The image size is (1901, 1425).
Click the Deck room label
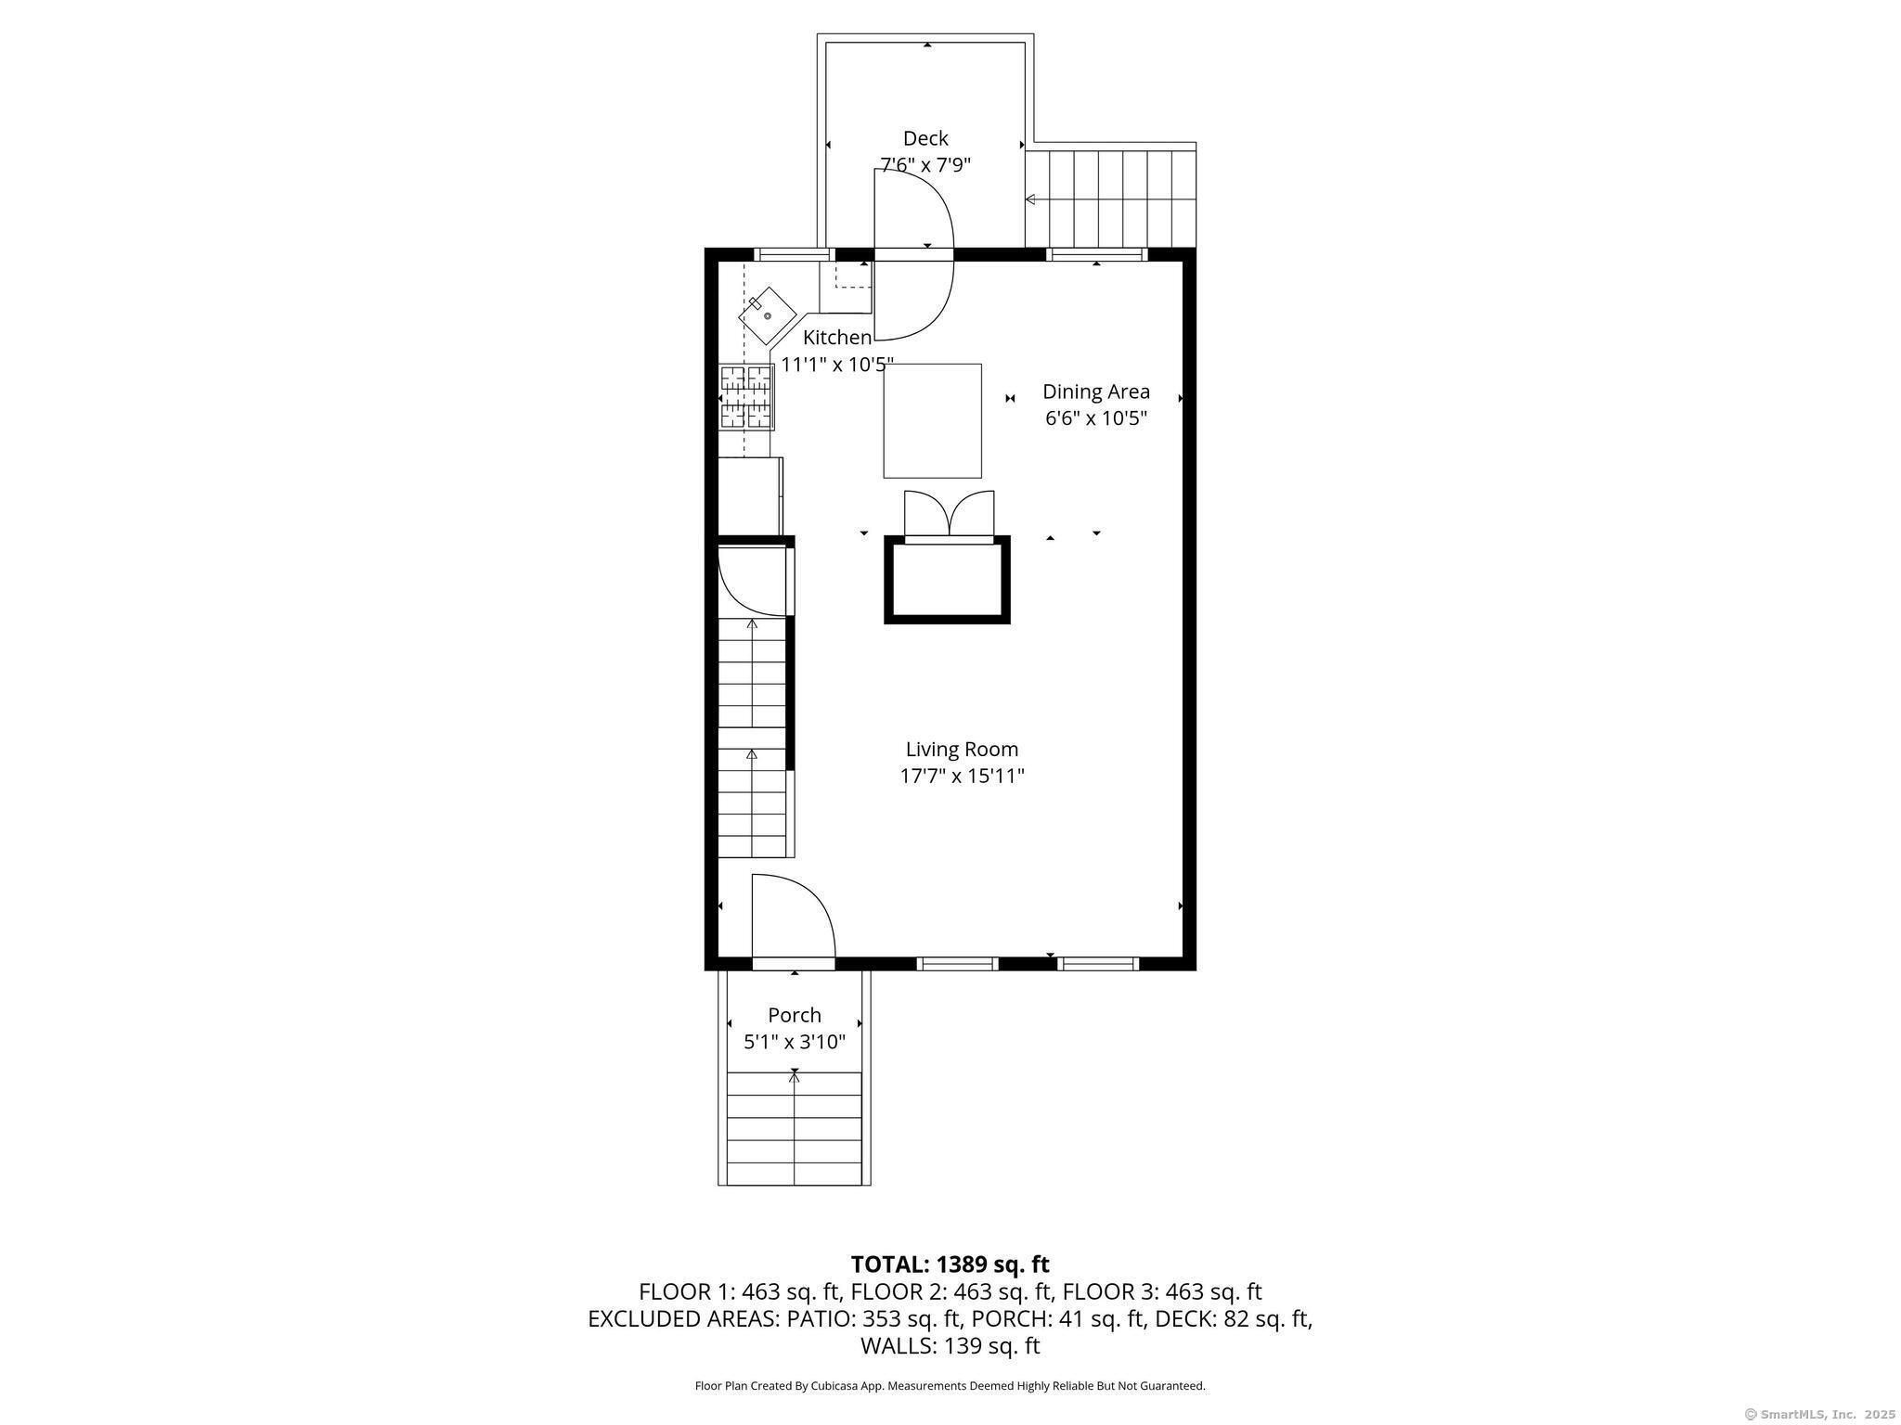(925, 138)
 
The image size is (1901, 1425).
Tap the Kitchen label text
(837, 338)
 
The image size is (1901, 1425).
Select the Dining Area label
(1096, 392)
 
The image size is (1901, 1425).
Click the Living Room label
(962, 749)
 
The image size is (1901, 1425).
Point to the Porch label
(795, 1015)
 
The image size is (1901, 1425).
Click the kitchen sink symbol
(768, 315)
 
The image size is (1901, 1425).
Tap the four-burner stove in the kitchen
(747, 397)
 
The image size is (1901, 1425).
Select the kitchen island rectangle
(932, 420)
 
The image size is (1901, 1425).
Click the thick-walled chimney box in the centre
(947, 580)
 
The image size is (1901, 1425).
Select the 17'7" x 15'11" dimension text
(962, 776)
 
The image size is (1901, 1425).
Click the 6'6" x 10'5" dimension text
(1096, 418)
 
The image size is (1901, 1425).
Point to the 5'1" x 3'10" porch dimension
(795, 1042)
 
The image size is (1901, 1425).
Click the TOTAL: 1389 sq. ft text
(950, 1264)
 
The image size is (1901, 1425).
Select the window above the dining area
(1096, 254)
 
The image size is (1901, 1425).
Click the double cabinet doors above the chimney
(949, 513)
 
